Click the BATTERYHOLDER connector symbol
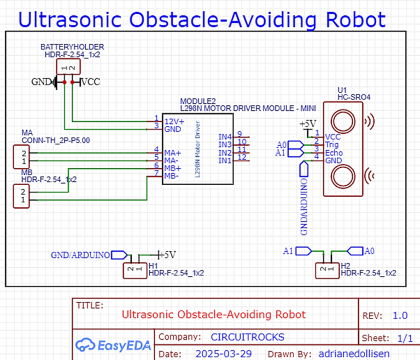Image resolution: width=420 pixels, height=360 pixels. pos(68,67)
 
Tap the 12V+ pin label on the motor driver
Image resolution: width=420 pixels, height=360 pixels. pos(174,120)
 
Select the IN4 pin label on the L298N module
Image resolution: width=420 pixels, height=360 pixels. pos(225,136)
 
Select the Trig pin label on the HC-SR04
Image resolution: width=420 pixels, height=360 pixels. pos(332,145)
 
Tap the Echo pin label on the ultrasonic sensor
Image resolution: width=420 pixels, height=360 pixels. pos(334,153)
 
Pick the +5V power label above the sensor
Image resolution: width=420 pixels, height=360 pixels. pos(308,124)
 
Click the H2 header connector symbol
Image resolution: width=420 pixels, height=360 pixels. pos(326,270)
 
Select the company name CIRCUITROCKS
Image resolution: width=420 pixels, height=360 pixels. pos(247,337)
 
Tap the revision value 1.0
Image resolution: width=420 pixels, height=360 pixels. pos(400,316)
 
